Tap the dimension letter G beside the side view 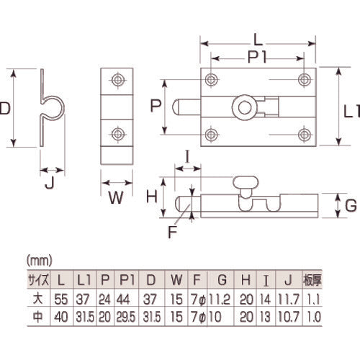[350, 205]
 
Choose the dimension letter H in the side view [151, 195]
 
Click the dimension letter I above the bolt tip [186, 155]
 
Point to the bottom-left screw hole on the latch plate [210, 133]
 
